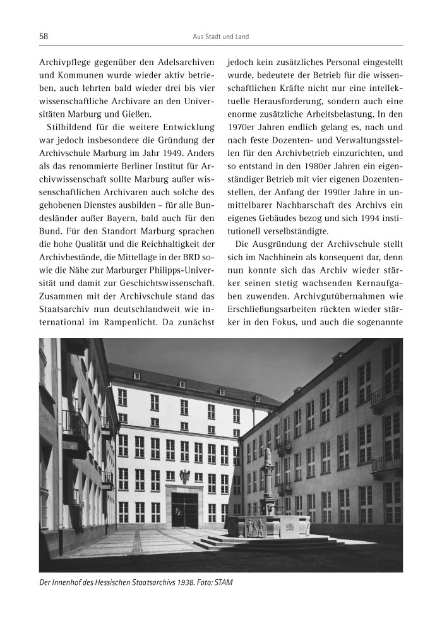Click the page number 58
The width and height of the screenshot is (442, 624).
click(x=44, y=37)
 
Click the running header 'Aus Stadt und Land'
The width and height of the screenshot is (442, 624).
click(x=220, y=37)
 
